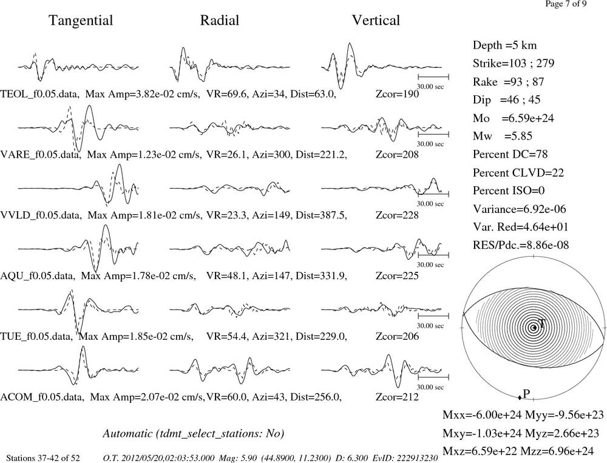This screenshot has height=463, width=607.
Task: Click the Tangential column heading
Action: (x=81, y=21)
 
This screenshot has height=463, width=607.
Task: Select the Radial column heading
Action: (x=220, y=20)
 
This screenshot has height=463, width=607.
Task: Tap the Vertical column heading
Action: (x=376, y=20)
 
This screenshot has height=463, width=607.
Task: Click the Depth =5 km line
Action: (x=504, y=46)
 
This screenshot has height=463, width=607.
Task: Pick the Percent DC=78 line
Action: (x=510, y=154)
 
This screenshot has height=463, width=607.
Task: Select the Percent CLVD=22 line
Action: (x=518, y=172)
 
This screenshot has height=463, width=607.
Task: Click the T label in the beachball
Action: (x=541, y=323)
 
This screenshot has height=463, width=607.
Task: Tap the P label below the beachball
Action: (x=526, y=394)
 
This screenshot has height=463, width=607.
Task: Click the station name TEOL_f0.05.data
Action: (x=40, y=94)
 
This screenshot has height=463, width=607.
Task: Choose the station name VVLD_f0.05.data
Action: (x=41, y=215)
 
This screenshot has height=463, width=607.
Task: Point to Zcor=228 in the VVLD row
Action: (x=397, y=215)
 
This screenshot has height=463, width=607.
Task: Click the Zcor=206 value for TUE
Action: (x=397, y=336)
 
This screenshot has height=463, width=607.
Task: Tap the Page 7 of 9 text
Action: (x=566, y=4)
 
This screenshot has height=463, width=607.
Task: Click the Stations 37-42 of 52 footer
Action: (x=43, y=458)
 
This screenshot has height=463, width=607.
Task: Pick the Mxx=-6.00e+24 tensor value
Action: (x=482, y=415)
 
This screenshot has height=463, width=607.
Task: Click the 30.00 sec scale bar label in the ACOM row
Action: (x=430, y=387)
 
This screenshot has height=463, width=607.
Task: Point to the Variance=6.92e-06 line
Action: (x=519, y=209)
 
